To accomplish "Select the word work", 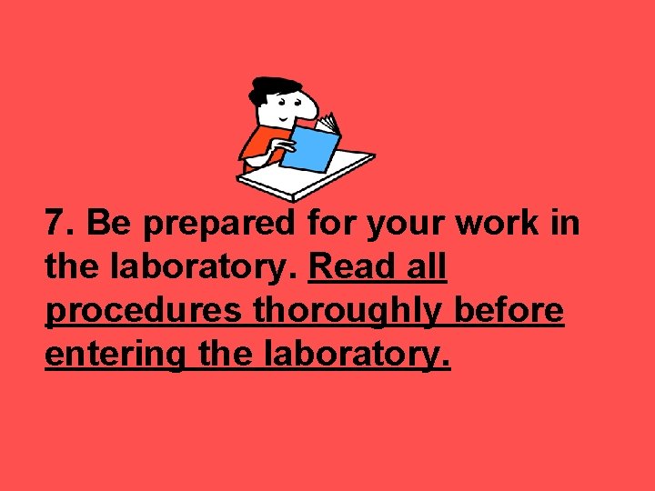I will point(502,224).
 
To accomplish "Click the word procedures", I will point(145,312).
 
